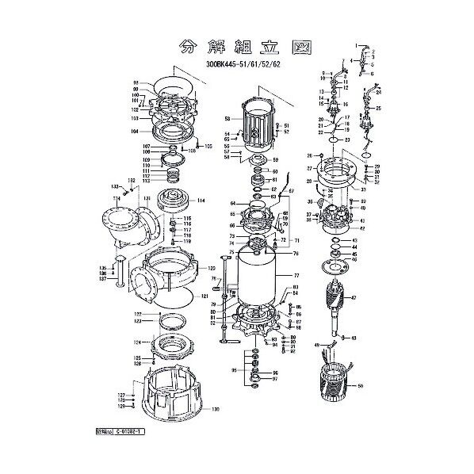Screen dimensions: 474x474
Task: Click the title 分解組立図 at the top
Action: [237, 45]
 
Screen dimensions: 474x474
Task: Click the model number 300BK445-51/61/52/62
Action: [243, 65]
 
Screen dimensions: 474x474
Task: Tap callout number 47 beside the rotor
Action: [354, 298]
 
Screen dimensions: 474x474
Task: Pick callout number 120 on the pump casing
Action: [212, 269]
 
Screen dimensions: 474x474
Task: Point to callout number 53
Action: [226, 118]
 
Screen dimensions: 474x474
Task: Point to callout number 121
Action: [204, 296]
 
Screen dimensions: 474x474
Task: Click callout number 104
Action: [135, 131]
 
